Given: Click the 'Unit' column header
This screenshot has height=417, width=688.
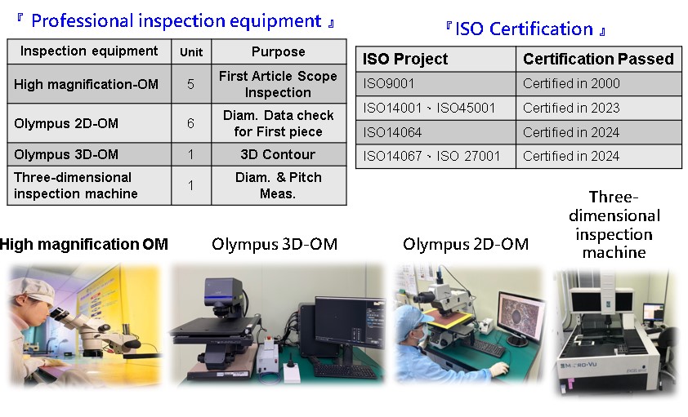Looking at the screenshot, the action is [x=191, y=52].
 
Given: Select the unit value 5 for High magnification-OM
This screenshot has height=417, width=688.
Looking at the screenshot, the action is [x=190, y=84].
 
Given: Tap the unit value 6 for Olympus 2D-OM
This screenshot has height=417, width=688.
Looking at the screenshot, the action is [x=190, y=123].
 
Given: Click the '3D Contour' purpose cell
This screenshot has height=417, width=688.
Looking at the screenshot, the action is [x=278, y=154].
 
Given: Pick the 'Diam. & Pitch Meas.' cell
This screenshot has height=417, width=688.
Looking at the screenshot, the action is [x=278, y=185].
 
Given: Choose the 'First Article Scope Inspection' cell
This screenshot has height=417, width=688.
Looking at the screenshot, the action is [x=278, y=84].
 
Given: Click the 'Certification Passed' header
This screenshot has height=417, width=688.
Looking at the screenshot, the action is [x=598, y=59].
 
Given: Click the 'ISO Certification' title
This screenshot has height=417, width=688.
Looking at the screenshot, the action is [x=525, y=29].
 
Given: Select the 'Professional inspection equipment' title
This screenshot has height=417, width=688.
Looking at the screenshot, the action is [x=176, y=21].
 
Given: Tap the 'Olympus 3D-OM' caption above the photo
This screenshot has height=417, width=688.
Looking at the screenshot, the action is [x=275, y=244].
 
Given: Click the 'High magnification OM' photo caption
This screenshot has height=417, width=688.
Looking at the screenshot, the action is [x=84, y=244].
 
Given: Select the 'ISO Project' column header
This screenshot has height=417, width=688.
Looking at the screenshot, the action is [x=405, y=59].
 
